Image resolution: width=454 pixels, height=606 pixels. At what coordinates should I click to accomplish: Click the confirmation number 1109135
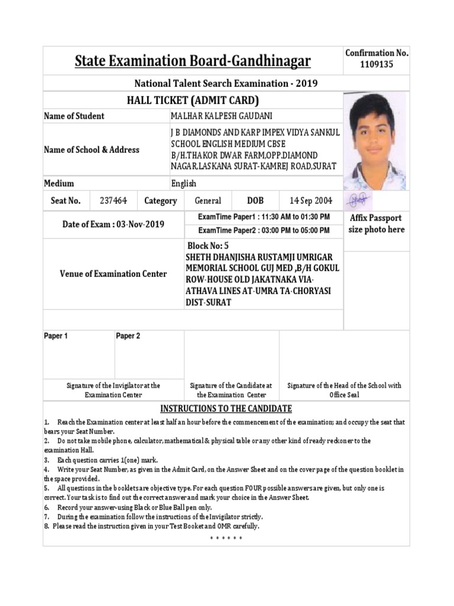[x=377, y=65]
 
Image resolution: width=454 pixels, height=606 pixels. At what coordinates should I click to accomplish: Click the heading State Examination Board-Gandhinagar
[x=192, y=61]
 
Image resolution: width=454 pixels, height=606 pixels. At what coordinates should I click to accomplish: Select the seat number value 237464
[x=113, y=201]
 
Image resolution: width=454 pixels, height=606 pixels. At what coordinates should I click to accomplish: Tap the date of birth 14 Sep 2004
[x=310, y=201]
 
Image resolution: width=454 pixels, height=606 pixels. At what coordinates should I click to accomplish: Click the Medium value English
[x=184, y=183]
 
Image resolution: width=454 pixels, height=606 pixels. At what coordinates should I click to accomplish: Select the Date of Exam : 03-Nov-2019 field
[x=113, y=224]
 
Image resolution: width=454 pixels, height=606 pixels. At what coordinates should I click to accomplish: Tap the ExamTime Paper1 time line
[x=264, y=217]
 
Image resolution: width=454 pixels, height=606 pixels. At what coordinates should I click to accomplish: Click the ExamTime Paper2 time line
[x=264, y=231]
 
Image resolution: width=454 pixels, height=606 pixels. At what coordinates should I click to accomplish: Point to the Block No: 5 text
[x=207, y=246]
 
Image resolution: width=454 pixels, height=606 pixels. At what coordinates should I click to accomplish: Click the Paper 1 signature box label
[x=56, y=336]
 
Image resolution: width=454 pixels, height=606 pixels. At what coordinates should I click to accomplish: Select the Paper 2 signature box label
[x=128, y=336]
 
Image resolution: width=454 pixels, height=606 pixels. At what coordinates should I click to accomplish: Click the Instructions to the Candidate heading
[x=226, y=409]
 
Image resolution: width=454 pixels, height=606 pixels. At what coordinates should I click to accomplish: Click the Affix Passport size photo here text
[x=376, y=224]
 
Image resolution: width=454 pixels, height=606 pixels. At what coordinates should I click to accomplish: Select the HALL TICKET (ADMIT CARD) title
[x=193, y=100]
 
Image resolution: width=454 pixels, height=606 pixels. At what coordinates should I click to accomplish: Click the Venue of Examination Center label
[x=113, y=274]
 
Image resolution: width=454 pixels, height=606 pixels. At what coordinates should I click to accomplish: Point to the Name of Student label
[x=74, y=116]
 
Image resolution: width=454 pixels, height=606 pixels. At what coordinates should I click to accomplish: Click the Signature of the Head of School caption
[x=344, y=389]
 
